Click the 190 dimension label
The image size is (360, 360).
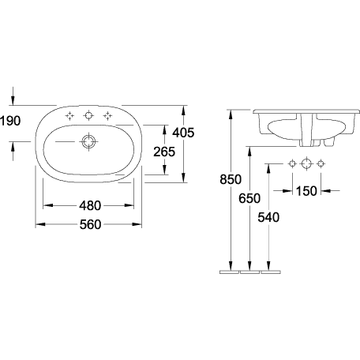(x=10, y=121)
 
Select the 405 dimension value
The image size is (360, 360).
(x=183, y=133)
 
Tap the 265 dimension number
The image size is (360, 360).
(x=164, y=152)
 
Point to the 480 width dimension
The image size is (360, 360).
(x=90, y=205)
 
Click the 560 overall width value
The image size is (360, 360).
(x=90, y=225)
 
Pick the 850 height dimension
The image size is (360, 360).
(x=231, y=179)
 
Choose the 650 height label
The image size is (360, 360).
(x=249, y=198)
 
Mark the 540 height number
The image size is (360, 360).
(x=268, y=217)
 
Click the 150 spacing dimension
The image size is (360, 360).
(x=306, y=191)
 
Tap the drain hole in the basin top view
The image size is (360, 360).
(x=88, y=142)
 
